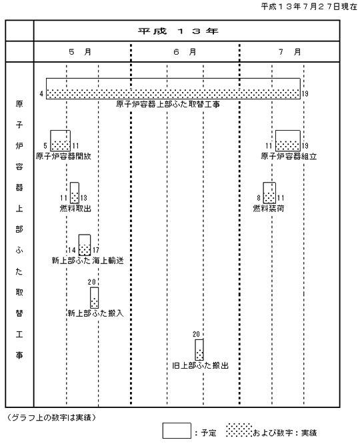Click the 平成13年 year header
pyautogui.click(x=178, y=31)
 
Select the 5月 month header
pyautogui.click(x=80, y=52)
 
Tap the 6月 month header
pyautogui.click(x=185, y=52)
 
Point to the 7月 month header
pyautogui.click(x=289, y=52)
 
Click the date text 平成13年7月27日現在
pyautogui.click(x=309, y=7)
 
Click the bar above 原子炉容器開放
pyautogui.click(x=60, y=141)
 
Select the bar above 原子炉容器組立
pyautogui.click(x=288, y=141)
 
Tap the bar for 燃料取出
pyautogui.click(x=75, y=193)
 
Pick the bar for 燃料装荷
pyautogui.click(x=269, y=193)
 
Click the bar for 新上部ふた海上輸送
pyautogui.click(x=85, y=245)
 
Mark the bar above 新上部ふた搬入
pyautogui.click(x=95, y=297)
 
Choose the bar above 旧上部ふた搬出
pyautogui.click(x=199, y=349)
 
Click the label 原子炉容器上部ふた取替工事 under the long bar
pyautogui.click(x=168, y=104)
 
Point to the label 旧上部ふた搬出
pyautogui.click(x=200, y=365)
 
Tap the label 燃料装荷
pyautogui.click(x=269, y=209)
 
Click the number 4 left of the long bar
pyautogui.click(x=41, y=93)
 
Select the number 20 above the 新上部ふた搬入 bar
pyautogui.click(x=91, y=282)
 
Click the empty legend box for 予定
pyautogui.click(x=177, y=431)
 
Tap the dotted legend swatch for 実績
pyautogui.click(x=239, y=430)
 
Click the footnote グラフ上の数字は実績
pyautogui.click(x=51, y=417)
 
